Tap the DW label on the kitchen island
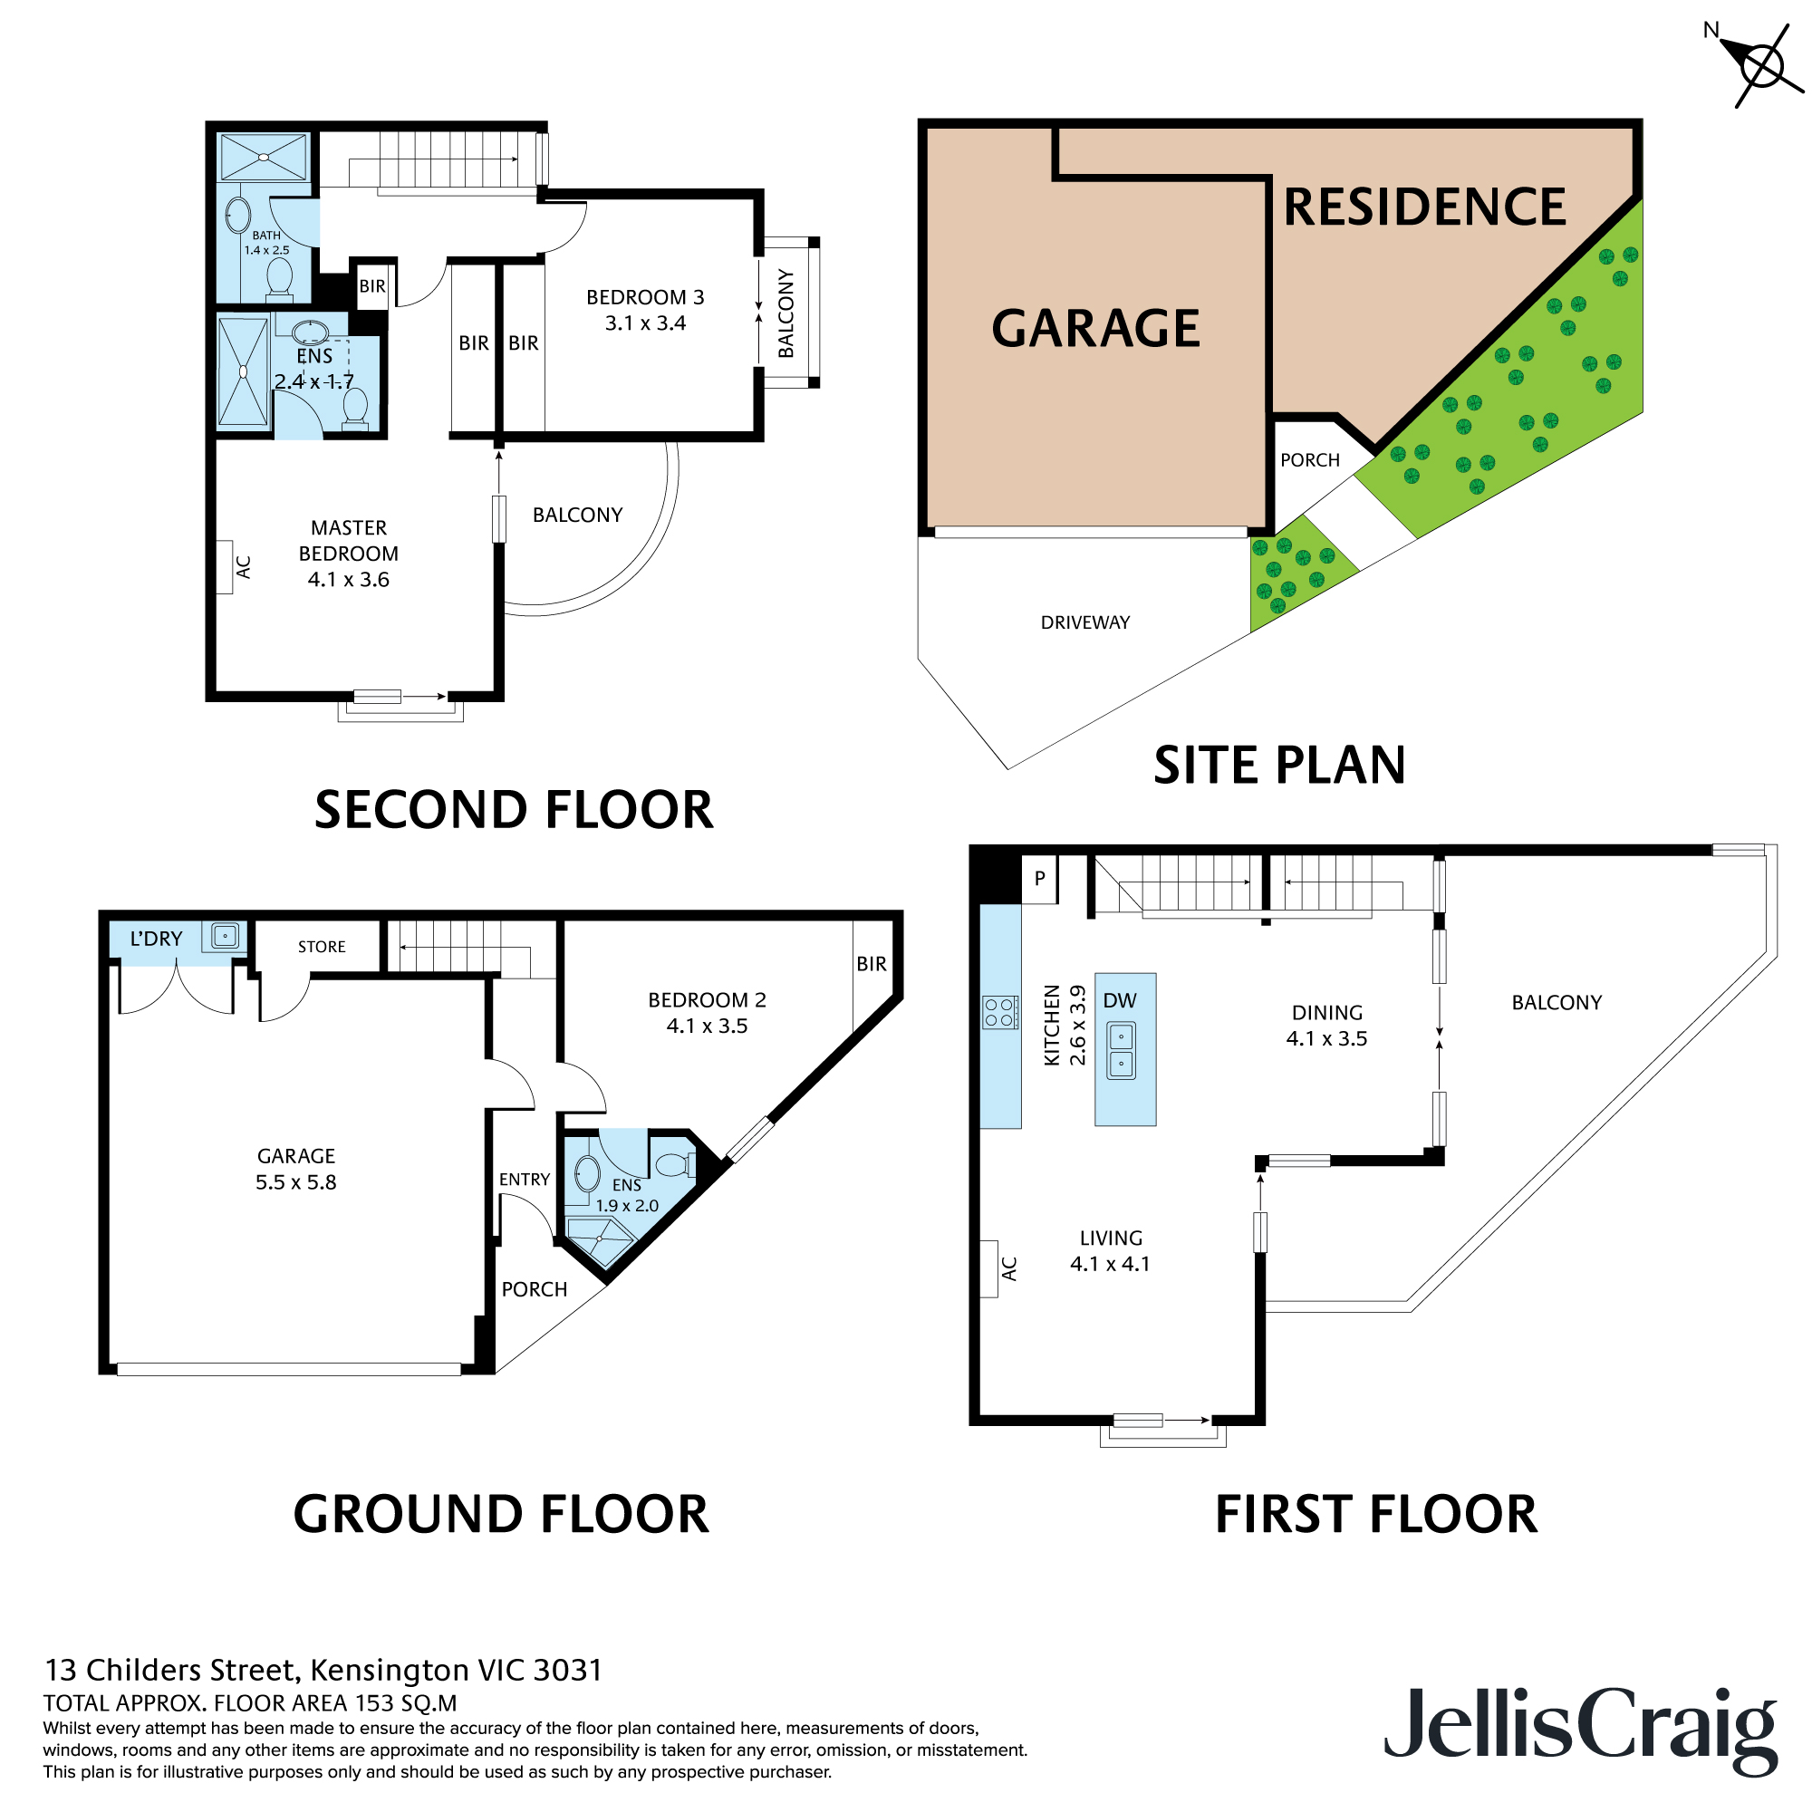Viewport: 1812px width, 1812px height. pos(1120,1001)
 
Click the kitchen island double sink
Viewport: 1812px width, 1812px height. pos(1122,1050)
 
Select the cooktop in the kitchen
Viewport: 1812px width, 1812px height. pos(1000,1013)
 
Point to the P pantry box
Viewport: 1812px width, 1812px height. pos(1039,879)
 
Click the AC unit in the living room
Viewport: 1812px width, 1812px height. pos(988,1269)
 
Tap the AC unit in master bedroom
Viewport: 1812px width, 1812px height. pos(224,567)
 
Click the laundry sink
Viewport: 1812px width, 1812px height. pos(225,936)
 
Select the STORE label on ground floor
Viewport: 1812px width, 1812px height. pos(322,948)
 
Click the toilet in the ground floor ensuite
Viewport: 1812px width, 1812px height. pos(674,1165)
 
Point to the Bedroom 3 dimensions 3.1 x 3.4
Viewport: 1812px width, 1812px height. pos(645,323)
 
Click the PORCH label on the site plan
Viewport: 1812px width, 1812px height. pos(1310,460)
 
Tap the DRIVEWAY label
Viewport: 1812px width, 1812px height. pos(1085,622)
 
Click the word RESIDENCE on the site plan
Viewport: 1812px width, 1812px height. pos(1423,207)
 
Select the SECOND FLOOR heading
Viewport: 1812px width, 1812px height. pos(514,810)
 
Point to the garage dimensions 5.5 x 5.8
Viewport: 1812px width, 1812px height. pos(295,1182)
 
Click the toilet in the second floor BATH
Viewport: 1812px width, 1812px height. pos(279,277)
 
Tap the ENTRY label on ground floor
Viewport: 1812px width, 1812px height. pos(525,1180)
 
